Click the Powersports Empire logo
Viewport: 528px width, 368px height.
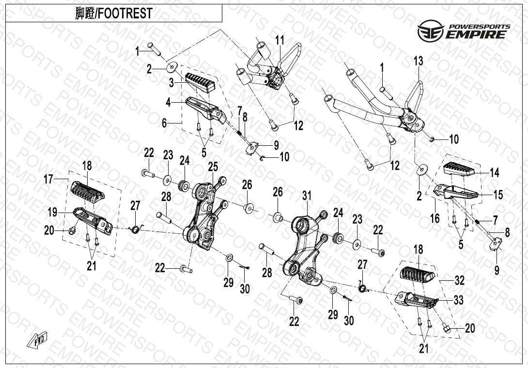pyautogui.click(x=464, y=31)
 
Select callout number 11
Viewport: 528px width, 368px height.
pyautogui.click(x=280, y=40)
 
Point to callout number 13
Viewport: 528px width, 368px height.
pyautogui.click(x=418, y=61)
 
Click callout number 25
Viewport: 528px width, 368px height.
pyautogui.click(x=213, y=167)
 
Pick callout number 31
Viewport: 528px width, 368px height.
pyautogui.click(x=306, y=196)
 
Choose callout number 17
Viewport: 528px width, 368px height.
pyautogui.click(x=48, y=180)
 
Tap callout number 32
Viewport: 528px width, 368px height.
pyautogui.click(x=459, y=280)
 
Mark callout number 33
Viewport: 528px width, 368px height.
pyautogui.click(x=458, y=300)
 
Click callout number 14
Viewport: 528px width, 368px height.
pyautogui.click(x=494, y=172)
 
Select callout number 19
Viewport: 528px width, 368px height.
pyautogui.click(x=52, y=212)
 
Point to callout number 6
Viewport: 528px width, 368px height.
pyautogui.click(x=164, y=123)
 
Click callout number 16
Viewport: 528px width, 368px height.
pyautogui.click(x=435, y=218)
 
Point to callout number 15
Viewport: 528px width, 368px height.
pyautogui.click(x=498, y=195)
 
